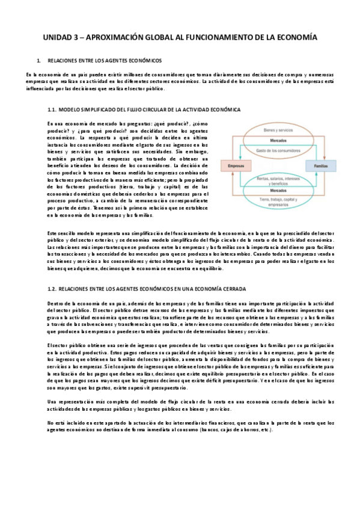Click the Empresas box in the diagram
pyautogui.click(x=233, y=164)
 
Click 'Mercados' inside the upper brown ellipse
pyautogui.click(x=277, y=140)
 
